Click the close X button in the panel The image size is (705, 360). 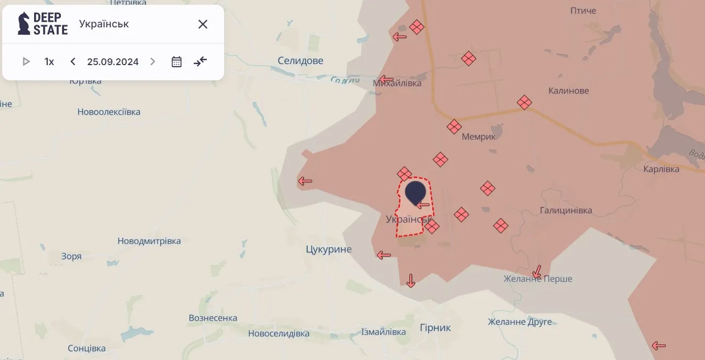(203, 24)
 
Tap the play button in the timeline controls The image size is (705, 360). (26, 61)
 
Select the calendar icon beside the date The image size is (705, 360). (177, 61)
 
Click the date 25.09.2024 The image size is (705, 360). (113, 61)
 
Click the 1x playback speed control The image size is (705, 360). (49, 61)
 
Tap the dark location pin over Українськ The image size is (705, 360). (415, 193)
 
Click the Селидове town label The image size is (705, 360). (300, 61)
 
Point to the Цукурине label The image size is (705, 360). (329, 249)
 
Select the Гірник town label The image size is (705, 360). (435, 328)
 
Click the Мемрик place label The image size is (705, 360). (479, 137)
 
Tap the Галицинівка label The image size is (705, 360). (566, 210)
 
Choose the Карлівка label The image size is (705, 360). (661, 169)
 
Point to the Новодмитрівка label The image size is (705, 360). (149, 241)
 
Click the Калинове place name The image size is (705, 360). (569, 91)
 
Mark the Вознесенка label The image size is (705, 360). (213, 318)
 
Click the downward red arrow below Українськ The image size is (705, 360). (410, 281)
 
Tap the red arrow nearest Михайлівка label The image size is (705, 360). (386, 80)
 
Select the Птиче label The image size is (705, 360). (583, 11)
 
